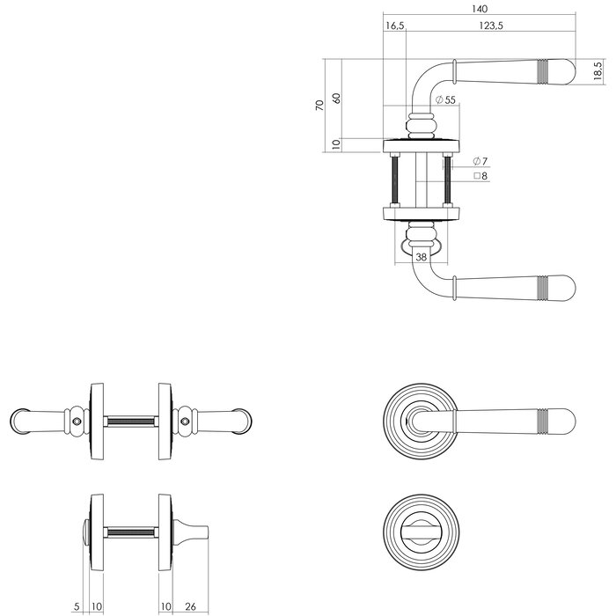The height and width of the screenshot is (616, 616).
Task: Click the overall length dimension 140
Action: point(480,9)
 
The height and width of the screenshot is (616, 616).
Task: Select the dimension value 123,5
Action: point(491,27)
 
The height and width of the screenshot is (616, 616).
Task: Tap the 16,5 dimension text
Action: point(395,27)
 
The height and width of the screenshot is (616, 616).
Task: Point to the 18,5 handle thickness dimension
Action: point(598,72)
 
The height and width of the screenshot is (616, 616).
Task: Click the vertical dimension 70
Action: point(320,104)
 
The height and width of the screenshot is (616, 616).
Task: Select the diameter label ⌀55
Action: point(445,100)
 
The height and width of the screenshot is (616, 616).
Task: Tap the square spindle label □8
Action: point(480,176)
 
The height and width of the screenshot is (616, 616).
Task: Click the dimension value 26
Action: point(193,605)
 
